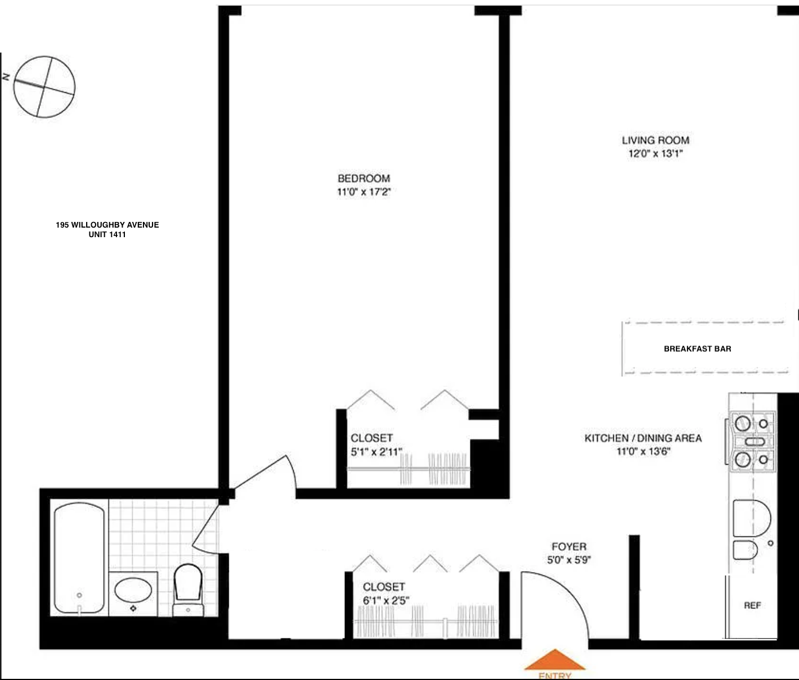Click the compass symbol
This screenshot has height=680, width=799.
pyautogui.click(x=44, y=87)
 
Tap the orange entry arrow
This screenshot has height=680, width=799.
pyautogui.click(x=555, y=661)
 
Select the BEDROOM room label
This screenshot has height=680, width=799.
pyautogui.click(x=363, y=179)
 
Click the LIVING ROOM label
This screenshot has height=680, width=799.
pyautogui.click(x=655, y=140)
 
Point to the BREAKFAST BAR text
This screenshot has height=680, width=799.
pyautogui.click(x=697, y=348)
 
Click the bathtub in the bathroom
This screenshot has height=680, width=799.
pyautogui.click(x=79, y=557)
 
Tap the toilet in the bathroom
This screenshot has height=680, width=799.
pyautogui.click(x=187, y=584)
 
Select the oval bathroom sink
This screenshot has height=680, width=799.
pyautogui.click(x=133, y=591)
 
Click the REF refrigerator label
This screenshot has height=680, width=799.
pyautogui.click(x=752, y=605)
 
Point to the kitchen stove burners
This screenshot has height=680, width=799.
pyautogui.click(x=752, y=441)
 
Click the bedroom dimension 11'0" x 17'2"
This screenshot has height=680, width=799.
pyautogui.click(x=363, y=192)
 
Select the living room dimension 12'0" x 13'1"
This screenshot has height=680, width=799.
pyautogui.click(x=655, y=153)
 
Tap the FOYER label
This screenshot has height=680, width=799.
pyautogui.click(x=569, y=546)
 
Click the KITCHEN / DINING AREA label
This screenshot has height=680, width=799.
pyautogui.click(x=643, y=438)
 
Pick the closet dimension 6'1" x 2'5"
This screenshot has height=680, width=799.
pyautogui.click(x=386, y=600)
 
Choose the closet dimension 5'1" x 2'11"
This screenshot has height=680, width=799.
pyautogui.click(x=376, y=451)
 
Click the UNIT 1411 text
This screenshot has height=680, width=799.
pyautogui.click(x=107, y=234)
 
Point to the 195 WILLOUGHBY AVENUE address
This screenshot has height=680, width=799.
pyautogui.click(x=107, y=225)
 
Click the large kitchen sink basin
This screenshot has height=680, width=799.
pyautogui.click(x=751, y=518)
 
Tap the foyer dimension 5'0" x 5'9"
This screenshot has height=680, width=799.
pyautogui.click(x=569, y=560)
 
